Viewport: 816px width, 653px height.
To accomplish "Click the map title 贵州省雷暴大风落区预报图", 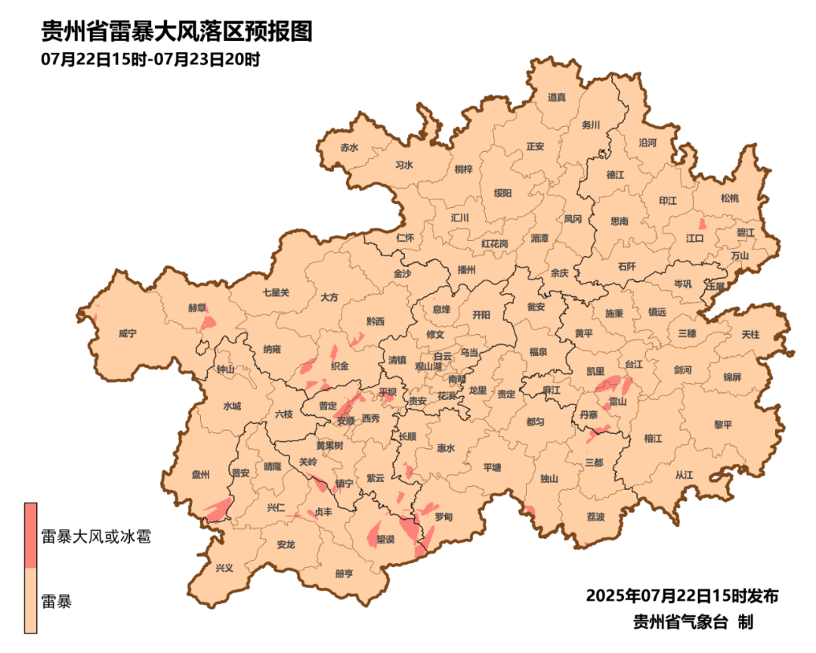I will coord(176,31).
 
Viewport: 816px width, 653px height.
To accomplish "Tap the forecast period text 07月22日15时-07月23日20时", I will coord(150,59).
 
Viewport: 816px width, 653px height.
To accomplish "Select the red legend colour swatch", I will coord(31,535).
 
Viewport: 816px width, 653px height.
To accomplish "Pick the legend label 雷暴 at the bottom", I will coord(57,602).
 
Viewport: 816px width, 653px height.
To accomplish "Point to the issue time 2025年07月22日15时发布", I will coord(682,596).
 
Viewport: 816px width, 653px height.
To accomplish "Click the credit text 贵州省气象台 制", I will coord(692,622).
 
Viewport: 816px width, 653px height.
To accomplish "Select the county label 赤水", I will coord(348,147).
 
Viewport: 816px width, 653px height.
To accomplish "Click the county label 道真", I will coord(557,97).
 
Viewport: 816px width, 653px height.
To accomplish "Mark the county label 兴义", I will coord(225,568).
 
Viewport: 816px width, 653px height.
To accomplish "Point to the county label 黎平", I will coord(723,425).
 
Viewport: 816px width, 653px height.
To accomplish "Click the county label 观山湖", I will coord(428,366).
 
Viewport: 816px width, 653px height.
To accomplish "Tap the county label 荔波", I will coord(595,517).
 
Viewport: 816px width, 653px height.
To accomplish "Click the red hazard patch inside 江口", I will coord(702,224).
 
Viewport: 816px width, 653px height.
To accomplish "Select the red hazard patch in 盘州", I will coord(218,510).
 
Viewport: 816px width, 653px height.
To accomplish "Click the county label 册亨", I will coord(343,574).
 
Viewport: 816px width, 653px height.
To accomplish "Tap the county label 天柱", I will coord(750,334).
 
